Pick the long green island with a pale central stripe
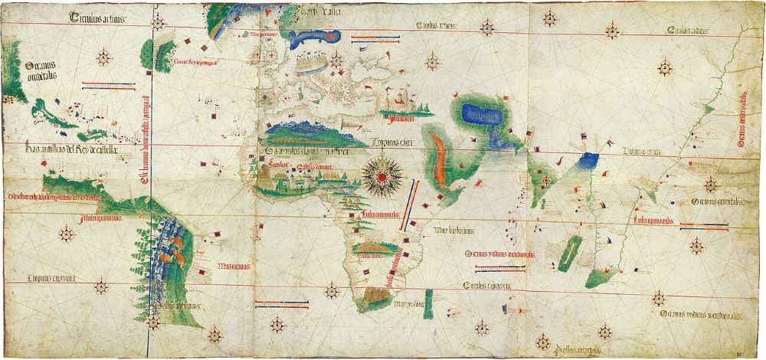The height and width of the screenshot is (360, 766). point(570,253)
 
